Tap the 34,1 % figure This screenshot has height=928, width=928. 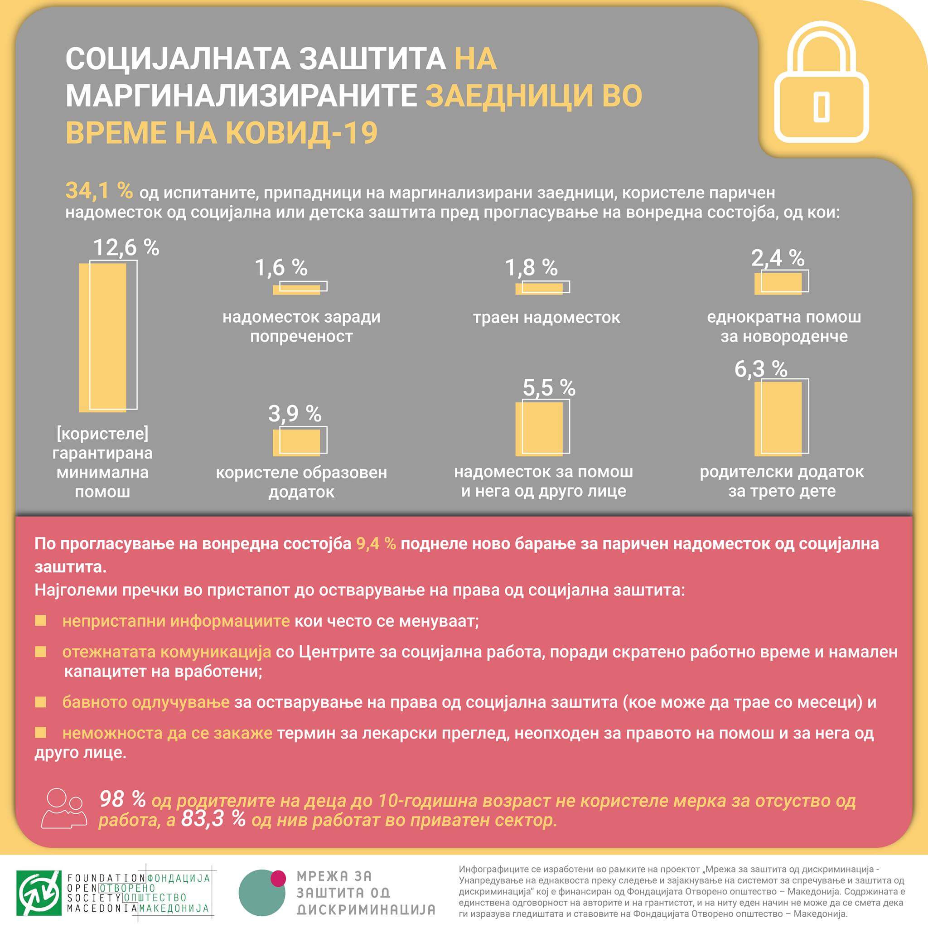(x=99, y=191)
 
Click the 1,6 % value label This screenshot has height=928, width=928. (x=281, y=267)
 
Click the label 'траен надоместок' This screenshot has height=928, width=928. (x=546, y=318)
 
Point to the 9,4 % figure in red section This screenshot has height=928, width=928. (x=376, y=544)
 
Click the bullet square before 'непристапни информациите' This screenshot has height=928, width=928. (x=40, y=621)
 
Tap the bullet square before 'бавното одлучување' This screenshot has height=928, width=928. (x=40, y=702)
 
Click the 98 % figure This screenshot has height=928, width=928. (x=122, y=799)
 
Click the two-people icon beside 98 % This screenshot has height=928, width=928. (x=64, y=808)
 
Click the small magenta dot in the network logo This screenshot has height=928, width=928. (x=278, y=878)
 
